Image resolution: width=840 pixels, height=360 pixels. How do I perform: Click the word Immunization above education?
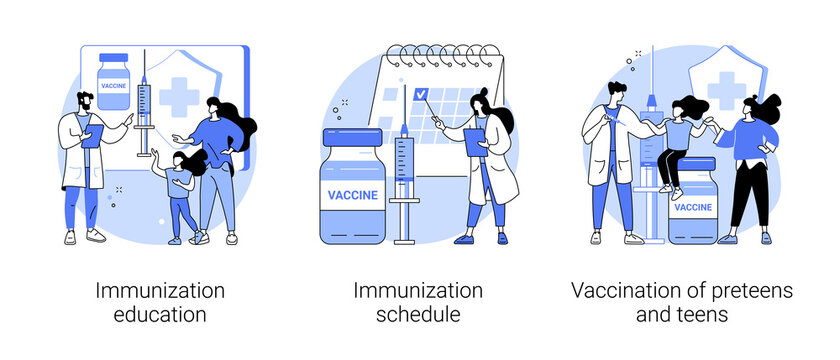coord(160,291)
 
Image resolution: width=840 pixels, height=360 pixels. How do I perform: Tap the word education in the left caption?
coord(160,315)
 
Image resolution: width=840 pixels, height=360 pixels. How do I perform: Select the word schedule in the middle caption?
coord(418,315)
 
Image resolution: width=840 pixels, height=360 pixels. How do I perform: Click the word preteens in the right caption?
coord(747,291)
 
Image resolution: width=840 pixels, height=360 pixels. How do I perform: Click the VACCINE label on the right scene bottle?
coord(693,207)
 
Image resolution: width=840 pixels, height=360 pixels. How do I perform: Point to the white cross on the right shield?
coord(725,90)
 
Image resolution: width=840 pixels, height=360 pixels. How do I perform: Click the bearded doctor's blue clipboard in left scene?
coord(88,137)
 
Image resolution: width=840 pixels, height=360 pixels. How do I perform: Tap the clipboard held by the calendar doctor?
coord(472,141)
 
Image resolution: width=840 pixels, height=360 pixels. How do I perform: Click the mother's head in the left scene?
coord(220,109)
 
